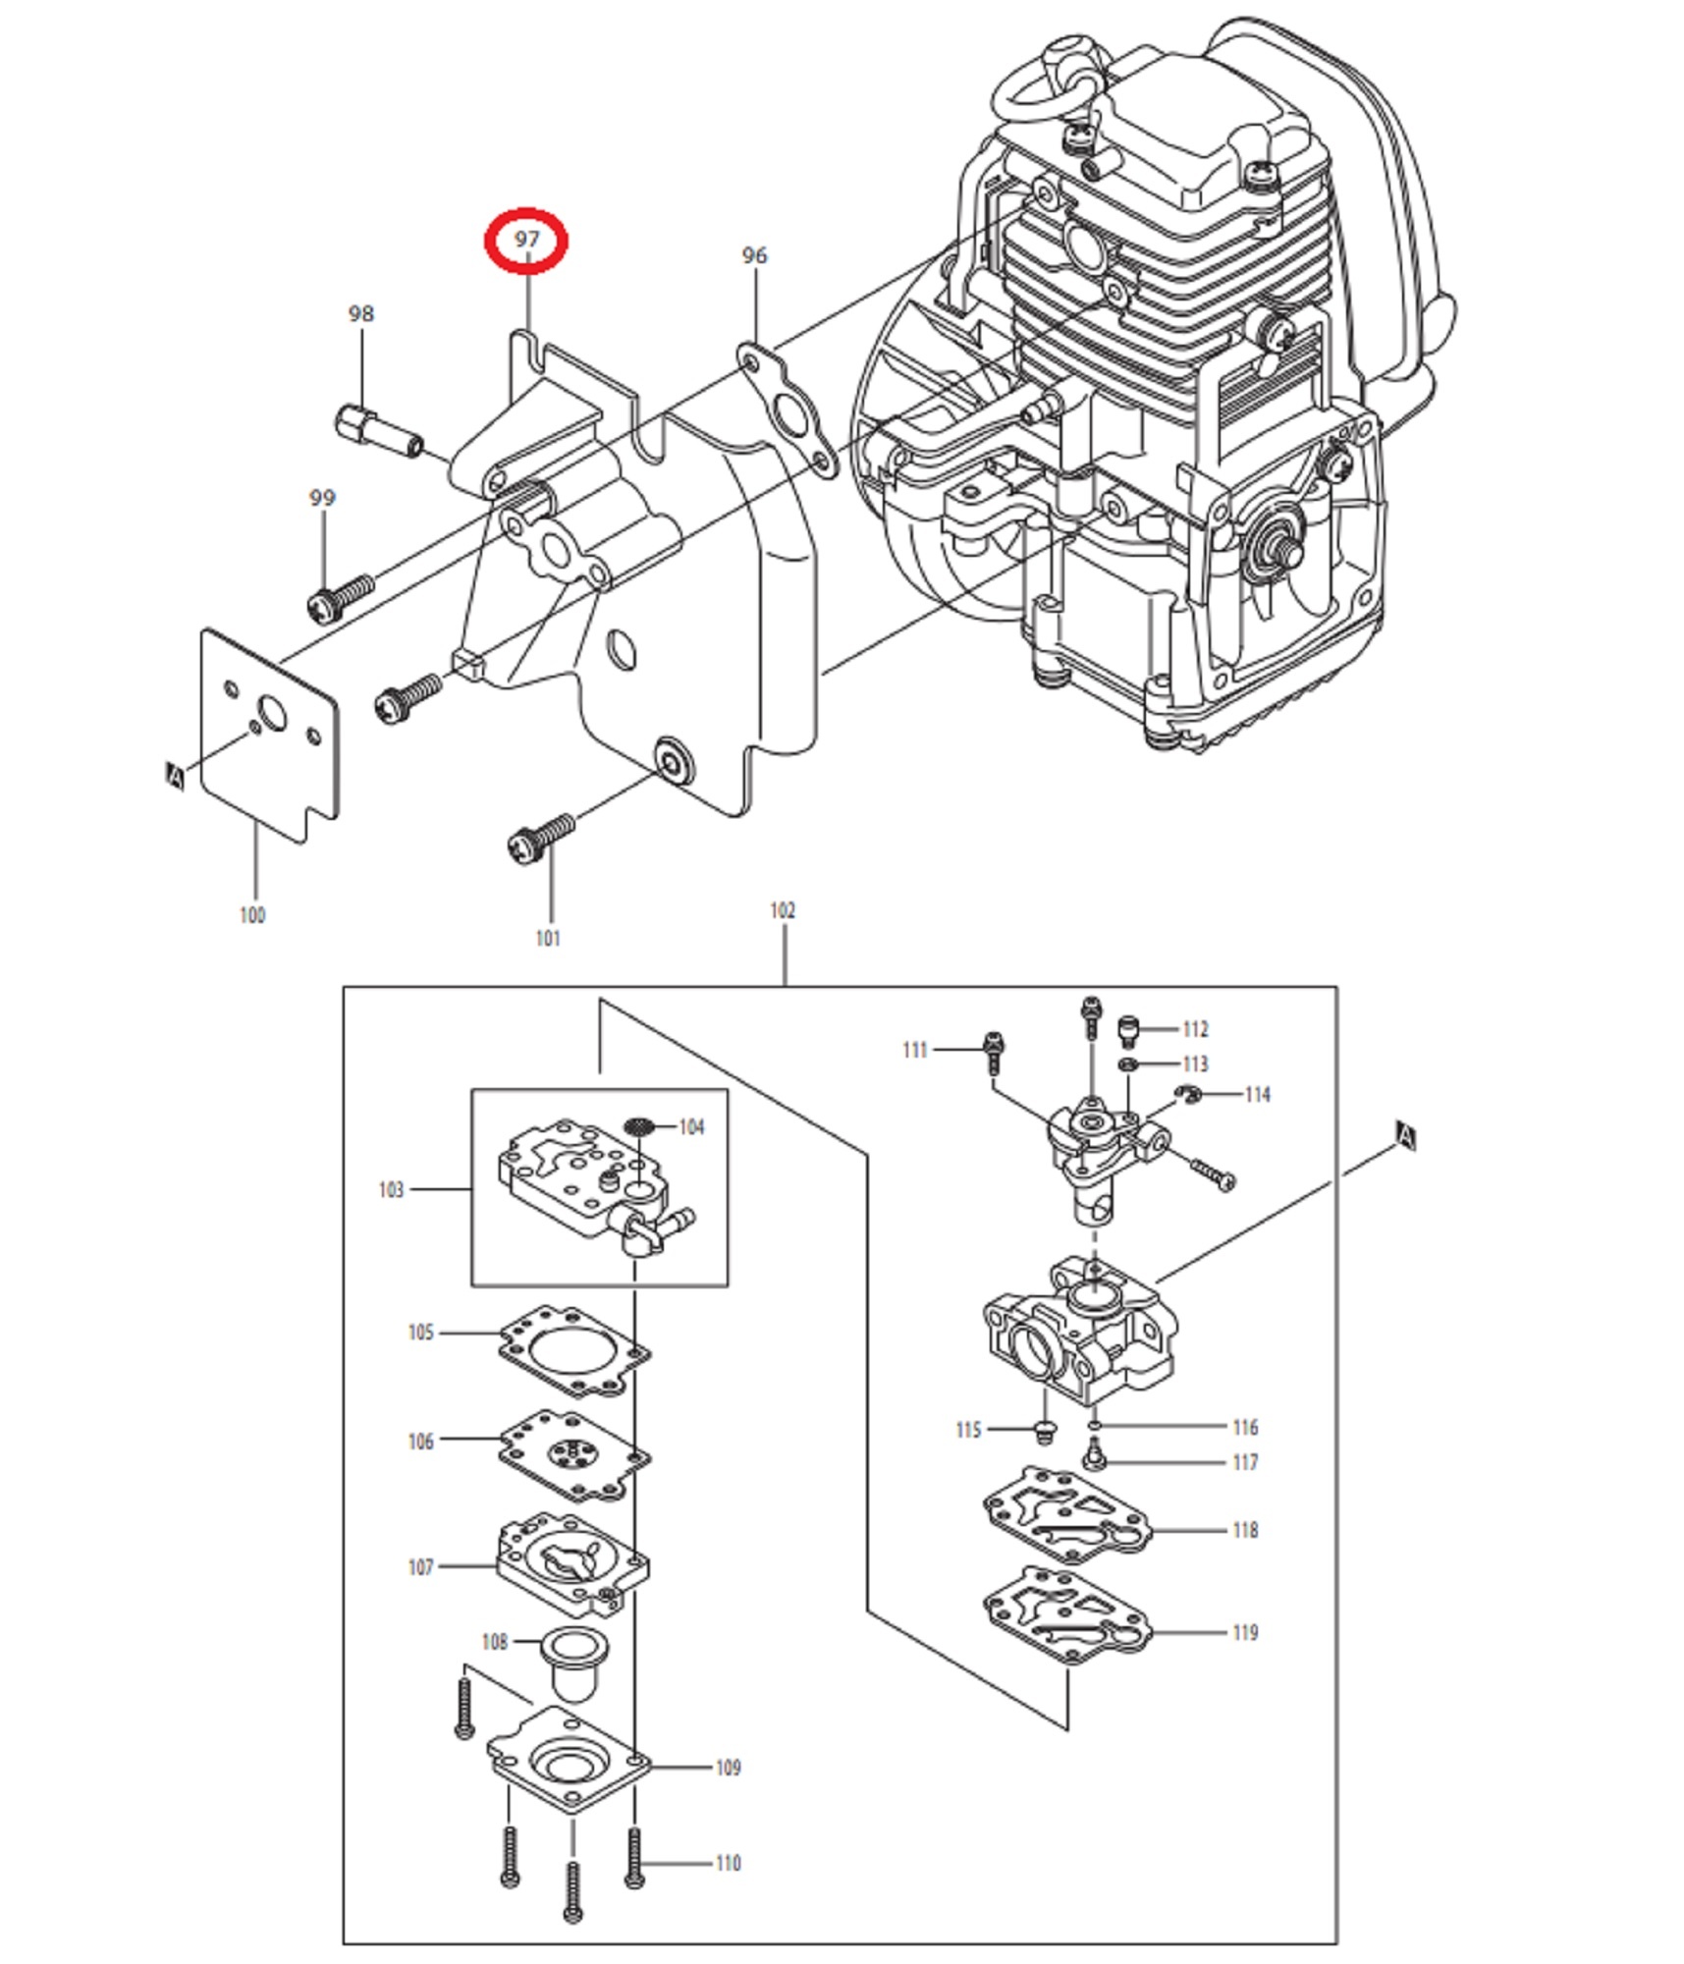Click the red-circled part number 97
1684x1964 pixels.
(527, 240)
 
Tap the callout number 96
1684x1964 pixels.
(754, 255)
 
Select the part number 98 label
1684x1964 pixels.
(361, 313)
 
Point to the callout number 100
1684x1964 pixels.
(252, 914)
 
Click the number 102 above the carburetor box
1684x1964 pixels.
(783, 910)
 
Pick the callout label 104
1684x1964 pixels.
(692, 1126)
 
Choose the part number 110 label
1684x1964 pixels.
(729, 1863)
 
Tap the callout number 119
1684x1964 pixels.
(1245, 1632)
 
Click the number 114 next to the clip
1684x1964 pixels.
(1258, 1094)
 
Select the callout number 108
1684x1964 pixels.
(495, 1642)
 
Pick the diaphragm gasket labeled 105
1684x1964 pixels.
(573, 1351)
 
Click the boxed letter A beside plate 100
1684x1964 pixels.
(175, 776)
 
